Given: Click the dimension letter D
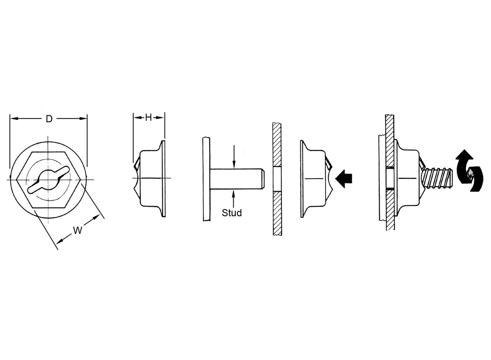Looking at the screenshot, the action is (49, 119).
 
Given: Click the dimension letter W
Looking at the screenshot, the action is (77, 230).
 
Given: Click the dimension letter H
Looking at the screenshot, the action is (149, 118).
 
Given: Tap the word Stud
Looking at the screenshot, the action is (232, 213).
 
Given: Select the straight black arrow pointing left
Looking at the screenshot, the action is (343, 179).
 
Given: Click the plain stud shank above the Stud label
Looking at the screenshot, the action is (237, 179).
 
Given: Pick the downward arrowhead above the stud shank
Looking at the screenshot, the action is (234, 164).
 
